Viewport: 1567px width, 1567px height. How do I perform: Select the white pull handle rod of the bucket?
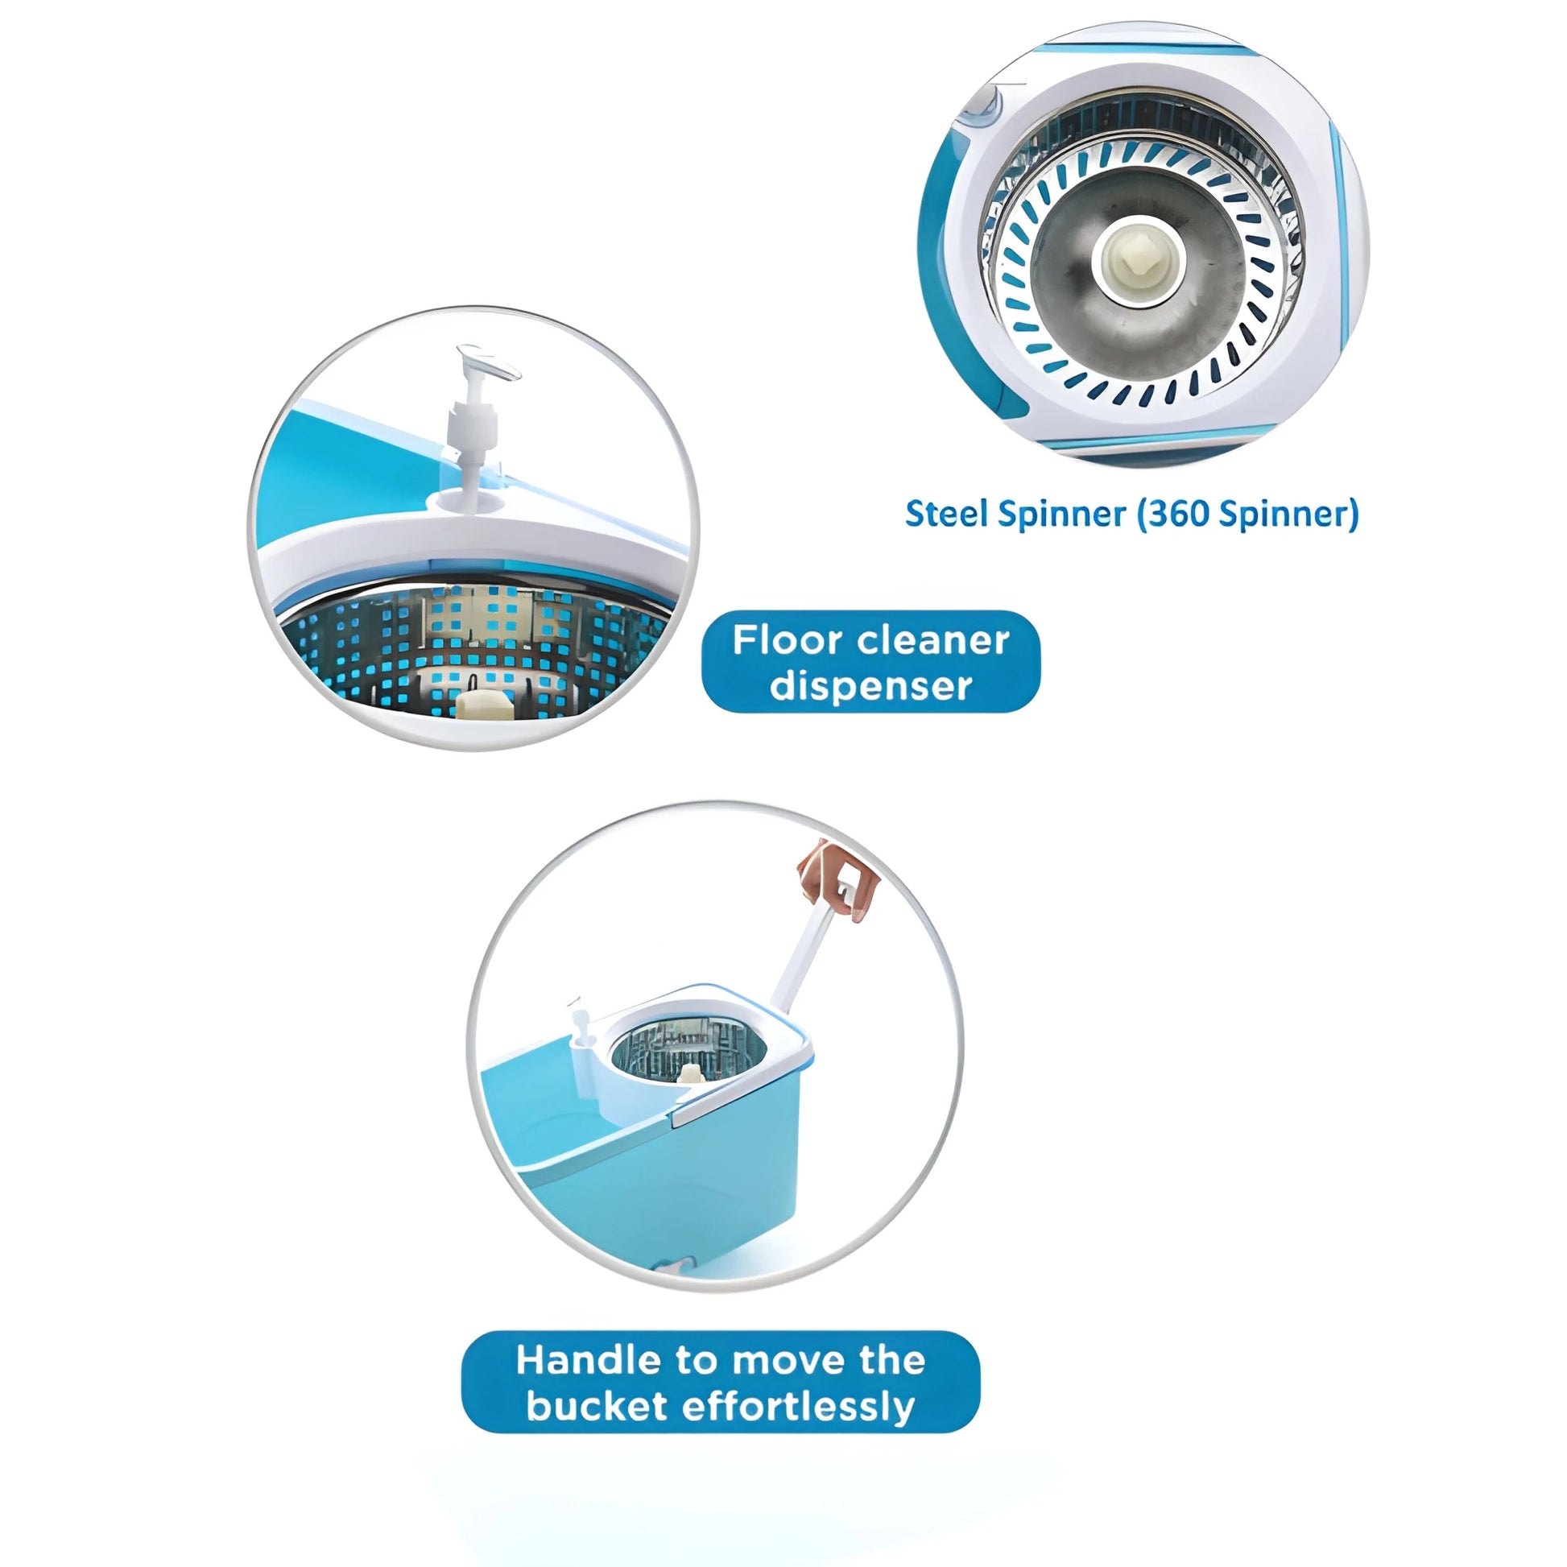click(803, 957)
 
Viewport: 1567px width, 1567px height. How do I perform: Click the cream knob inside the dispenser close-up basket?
click(484, 702)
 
